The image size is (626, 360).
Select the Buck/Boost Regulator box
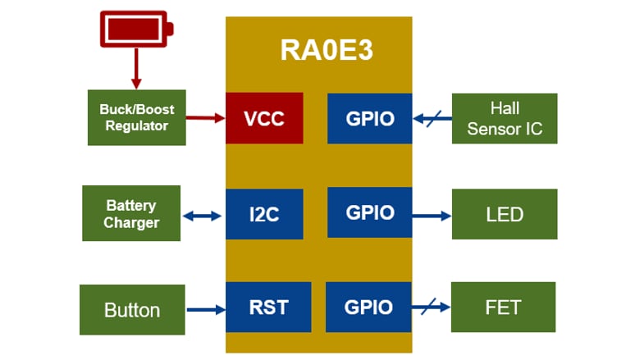pyautogui.click(x=137, y=118)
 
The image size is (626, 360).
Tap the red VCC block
pyautogui.click(x=264, y=118)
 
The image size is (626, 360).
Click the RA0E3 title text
pyautogui.click(x=326, y=50)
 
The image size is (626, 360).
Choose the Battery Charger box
pyautogui.click(x=131, y=213)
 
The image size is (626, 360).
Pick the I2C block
pyautogui.click(x=264, y=215)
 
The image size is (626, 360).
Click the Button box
pyautogui.click(x=132, y=309)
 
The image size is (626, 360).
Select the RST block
pyautogui.click(x=268, y=308)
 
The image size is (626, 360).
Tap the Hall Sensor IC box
pyautogui.click(x=505, y=118)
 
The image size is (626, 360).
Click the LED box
pyautogui.click(x=505, y=214)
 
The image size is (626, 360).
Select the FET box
pyautogui.click(x=503, y=308)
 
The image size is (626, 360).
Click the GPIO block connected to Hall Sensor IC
pyautogui.click(x=369, y=118)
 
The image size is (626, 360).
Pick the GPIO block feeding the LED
pyautogui.click(x=369, y=212)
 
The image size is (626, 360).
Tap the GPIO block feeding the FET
pyautogui.click(x=368, y=308)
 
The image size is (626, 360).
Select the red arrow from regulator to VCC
pyautogui.click(x=205, y=118)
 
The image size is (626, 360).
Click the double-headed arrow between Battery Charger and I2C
pyautogui.click(x=202, y=216)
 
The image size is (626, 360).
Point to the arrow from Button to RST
pyautogui.click(x=205, y=310)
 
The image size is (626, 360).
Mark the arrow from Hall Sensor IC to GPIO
pyautogui.click(x=432, y=119)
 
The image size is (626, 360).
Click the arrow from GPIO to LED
pyautogui.click(x=432, y=216)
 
